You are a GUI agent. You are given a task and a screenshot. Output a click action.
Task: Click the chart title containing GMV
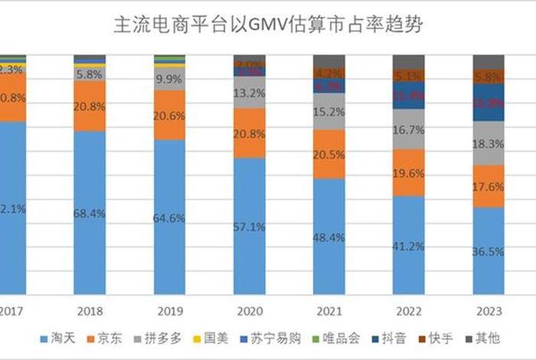(x=267, y=25)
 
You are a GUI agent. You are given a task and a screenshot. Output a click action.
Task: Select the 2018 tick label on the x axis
(x=89, y=311)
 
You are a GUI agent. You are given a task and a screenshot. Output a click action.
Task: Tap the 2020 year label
(x=249, y=311)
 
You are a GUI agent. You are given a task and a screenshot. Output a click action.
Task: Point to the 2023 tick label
(x=489, y=311)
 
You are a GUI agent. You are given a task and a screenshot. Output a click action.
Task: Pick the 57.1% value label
(x=249, y=227)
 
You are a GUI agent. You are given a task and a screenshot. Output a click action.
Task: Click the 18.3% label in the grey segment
(x=489, y=143)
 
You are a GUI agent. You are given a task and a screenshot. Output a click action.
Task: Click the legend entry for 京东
(x=106, y=338)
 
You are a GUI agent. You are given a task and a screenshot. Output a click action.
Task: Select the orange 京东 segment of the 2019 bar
(x=169, y=115)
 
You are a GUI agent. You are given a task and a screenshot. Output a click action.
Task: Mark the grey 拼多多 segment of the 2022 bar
(x=409, y=129)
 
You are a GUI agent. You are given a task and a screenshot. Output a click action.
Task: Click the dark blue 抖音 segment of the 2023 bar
(x=489, y=102)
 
